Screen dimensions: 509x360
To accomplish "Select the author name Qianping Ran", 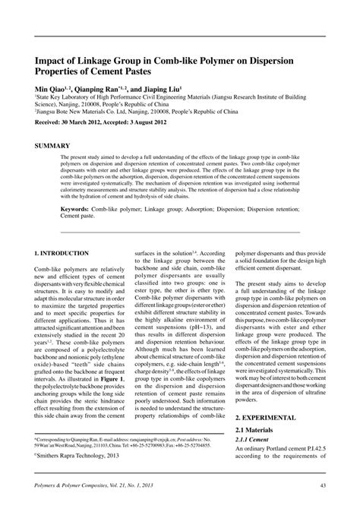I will [x=107, y=87].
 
